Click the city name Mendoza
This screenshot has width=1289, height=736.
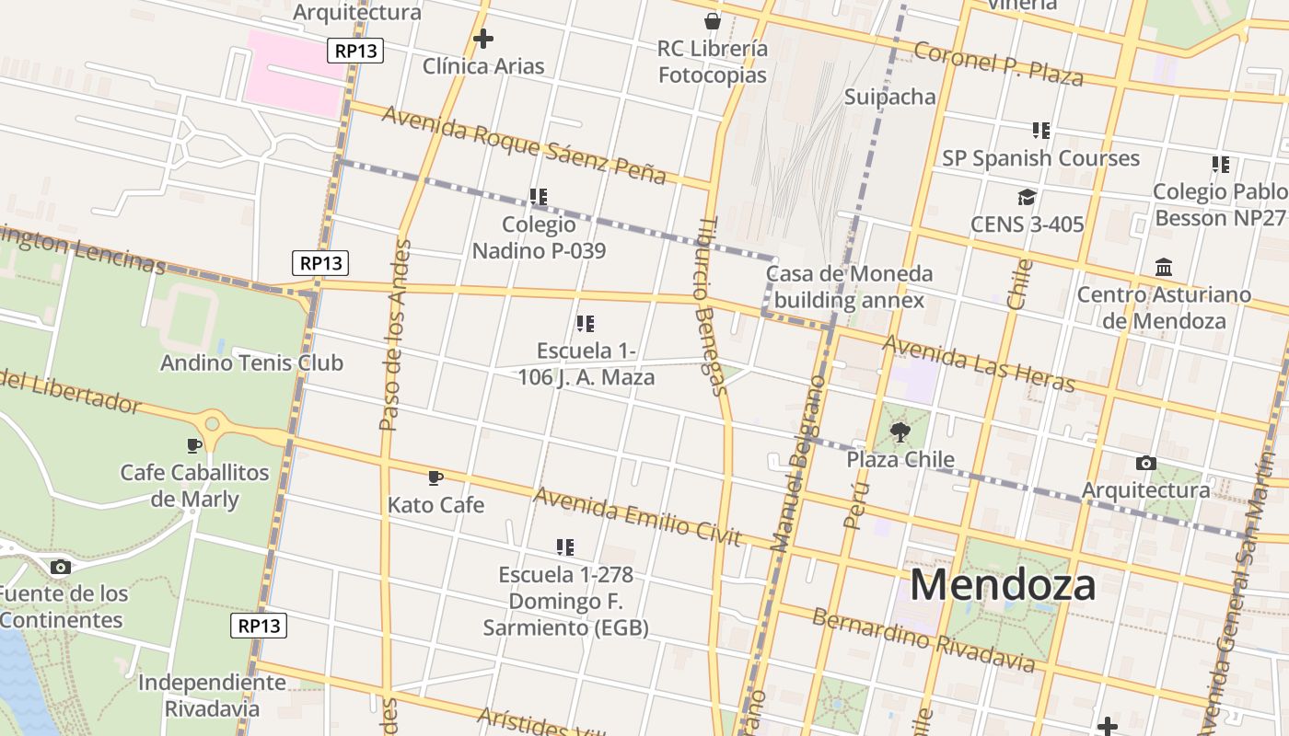pyautogui.click(x=1003, y=585)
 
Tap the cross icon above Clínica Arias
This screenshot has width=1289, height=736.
pyautogui.click(x=482, y=39)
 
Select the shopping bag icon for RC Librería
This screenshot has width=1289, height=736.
pyautogui.click(x=712, y=21)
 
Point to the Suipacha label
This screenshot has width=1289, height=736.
pyautogui.click(x=889, y=97)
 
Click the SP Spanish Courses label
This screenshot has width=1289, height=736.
pyautogui.click(x=1040, y=158)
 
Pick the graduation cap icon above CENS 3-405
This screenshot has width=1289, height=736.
pyautogui.click(x=1027, y=197)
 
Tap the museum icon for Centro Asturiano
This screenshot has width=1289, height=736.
pyautogui.click(x=1164, y=268)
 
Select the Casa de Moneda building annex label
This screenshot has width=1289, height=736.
pyautogui.click(x=849, y=286)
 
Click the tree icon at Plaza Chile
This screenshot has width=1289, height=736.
pyautogui.click(x=900, y=431)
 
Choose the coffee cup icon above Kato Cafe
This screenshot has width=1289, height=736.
pyautogui.click(x=435, y=477)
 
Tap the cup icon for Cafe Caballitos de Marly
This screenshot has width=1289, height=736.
pyautogui.click(x=194, y=445)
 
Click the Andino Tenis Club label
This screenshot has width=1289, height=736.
pyautogui.click(x=251, y=362)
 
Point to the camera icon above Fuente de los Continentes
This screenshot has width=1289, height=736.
pyautogui.click(x=61, y=567)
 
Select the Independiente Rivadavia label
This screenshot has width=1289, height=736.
pyautogui.click(x=212, y=696)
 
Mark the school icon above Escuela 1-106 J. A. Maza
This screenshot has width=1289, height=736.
pyautogui.click(x=585, y=324)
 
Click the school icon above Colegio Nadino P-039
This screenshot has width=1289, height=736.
pyautogui.click(x=539, y=197)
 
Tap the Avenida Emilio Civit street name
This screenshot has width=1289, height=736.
pyautogui.click(x=637, y=516)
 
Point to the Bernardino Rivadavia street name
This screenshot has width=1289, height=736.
pyautogui.click(x=923, y=638)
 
